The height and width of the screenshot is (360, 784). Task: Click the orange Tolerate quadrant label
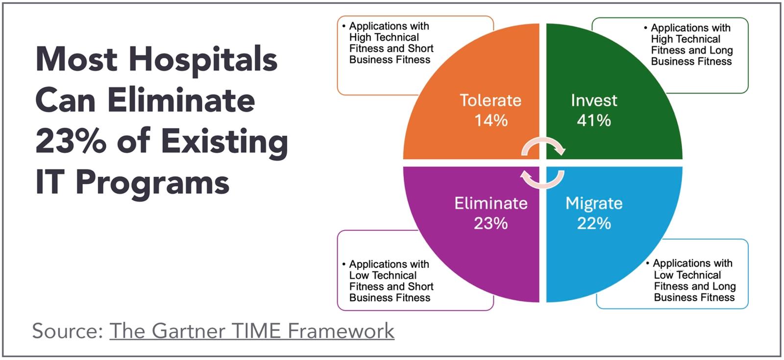(x=490, y=100)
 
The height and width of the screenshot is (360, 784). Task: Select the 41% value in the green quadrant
(x=594, y=120)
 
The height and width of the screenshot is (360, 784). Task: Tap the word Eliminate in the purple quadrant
(x=490, y=203)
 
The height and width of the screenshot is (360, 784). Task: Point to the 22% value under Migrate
(x=594, y=223)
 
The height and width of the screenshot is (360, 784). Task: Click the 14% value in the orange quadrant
(x=491, y=120)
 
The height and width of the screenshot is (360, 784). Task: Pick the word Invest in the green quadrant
(x=594, y=100)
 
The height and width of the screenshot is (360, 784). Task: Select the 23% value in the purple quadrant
(x=490, y=223)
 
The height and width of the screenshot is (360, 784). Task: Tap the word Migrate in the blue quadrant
(x=594, y=203)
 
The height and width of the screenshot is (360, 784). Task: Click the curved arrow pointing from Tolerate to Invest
(x=543, y=140)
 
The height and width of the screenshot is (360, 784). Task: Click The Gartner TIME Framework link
(x=252, y=331)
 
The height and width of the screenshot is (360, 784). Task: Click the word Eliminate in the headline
(x=181, y=100)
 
